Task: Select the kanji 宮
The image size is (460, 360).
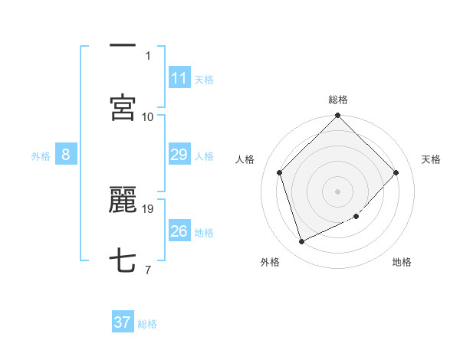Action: click(x=123, y=108)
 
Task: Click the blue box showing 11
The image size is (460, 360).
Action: click(x=179, y=78)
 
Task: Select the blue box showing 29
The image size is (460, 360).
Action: click(x=179, y=155)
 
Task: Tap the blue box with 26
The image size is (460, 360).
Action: click(x=179, y=231)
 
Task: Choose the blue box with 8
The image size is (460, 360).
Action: click(x=66, y=155)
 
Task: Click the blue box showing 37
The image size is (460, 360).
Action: click(x=123, y=322)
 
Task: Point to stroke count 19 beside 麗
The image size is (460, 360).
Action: click(x=149, y=208)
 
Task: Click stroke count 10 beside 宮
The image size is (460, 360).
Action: click(x=148, y=116)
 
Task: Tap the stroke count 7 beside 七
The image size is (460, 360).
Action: click(x=148, y=270)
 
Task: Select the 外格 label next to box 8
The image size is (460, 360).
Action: click(x=41, y=156)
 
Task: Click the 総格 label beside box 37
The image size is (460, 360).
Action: click(x=147, y=324)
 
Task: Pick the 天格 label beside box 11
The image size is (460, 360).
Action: click(x=204, y=80)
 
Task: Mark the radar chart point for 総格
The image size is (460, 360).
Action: click(x=337, y=116)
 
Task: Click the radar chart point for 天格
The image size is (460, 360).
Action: click(x=396, y=172)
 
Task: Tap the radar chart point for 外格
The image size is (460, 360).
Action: click(x=302, y=241)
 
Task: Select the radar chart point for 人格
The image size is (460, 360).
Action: click(x=280, y=172)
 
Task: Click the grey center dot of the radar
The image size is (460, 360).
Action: click(x=337, y=191)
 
